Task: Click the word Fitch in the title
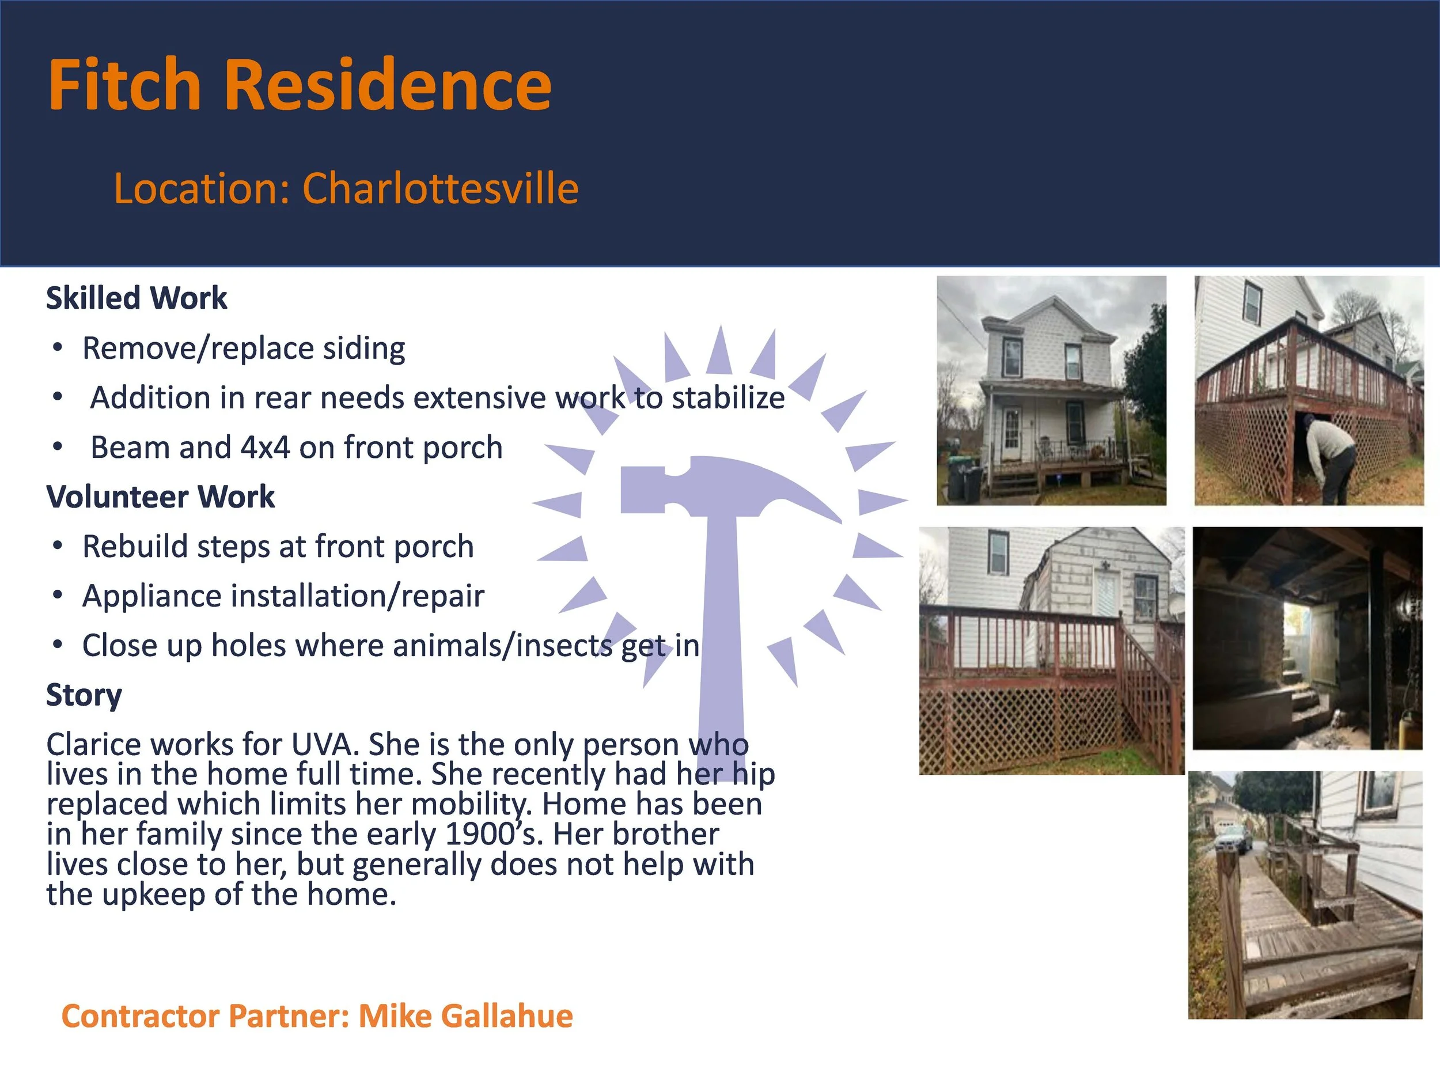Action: pyautogui.click(x=124, y=85)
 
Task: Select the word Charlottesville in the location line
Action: pyautogui.click(x=440, y=189)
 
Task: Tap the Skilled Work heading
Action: pyautogui.click(x=137, y=298)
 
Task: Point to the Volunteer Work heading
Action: pyautogui.click(x=160, y=497)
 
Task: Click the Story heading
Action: pyautogui.click(x=84, y=695)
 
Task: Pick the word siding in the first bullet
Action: pyautogui.click(x=364, y=348)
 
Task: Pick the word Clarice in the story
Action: pyautogui.click(x=88, y=744)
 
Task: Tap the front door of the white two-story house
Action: pyautogui.click(x=1011, y=433)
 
